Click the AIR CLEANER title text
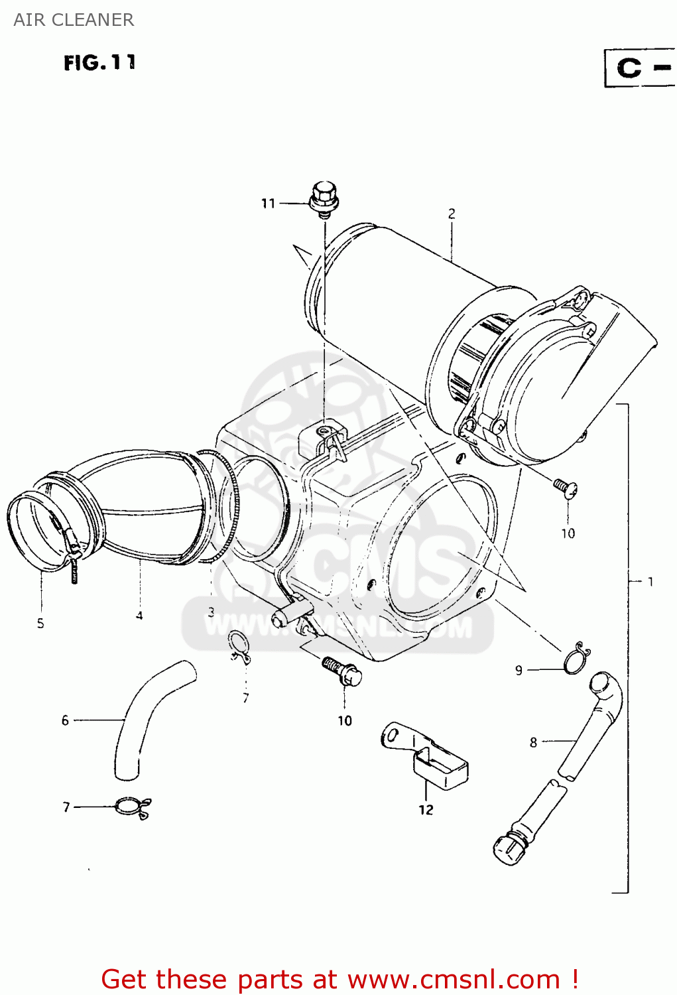[x=74, y=20]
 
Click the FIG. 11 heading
[x=99, y=63]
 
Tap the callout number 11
[x=268, y=203]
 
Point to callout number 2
[x=452, y=214]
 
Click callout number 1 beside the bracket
[x=650, y=582]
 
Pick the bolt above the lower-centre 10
[x=343, y=671]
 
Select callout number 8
[x=533, y=742]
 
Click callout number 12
[x=426, y=809]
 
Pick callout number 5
[x=40, y=623]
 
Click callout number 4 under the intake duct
[x=139, y=616]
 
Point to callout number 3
[x=211, y=612]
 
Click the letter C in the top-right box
[x=629, y=68]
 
